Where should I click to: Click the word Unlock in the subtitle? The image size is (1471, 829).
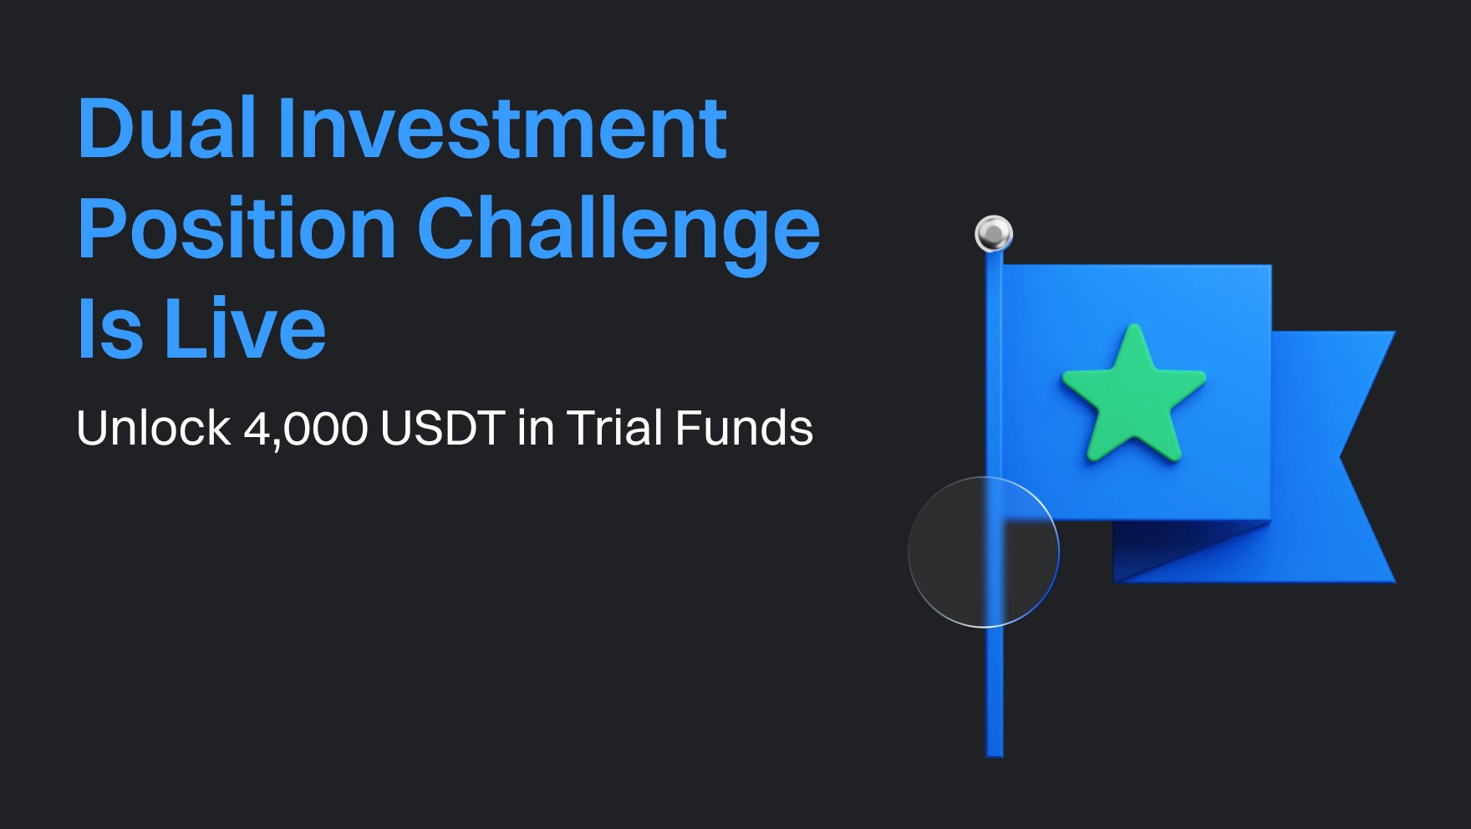tap(153, 428)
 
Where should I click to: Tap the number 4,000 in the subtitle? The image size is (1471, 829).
tap(306, 430)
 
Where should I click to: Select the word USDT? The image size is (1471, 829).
tap(443, 428)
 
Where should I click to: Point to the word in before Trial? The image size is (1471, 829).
tap(536, 428)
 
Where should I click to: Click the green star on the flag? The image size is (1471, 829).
tap(1133, 396)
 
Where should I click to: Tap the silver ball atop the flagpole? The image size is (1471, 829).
tap(994, 233)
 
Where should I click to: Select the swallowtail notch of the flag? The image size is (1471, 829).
tap(1341, 457)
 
